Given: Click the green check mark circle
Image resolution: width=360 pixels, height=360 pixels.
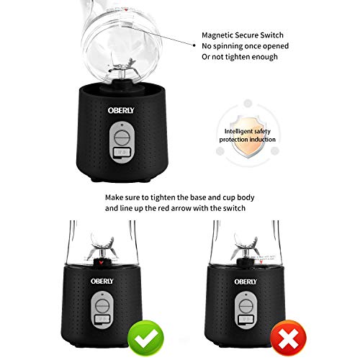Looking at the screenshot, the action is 145,338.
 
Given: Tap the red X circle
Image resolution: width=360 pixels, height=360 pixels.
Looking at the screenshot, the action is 288,338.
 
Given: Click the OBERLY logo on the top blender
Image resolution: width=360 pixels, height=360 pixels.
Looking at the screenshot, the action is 121,110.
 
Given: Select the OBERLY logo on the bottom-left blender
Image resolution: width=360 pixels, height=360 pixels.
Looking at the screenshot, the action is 102,281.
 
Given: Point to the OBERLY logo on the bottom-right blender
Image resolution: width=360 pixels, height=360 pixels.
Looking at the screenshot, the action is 246,282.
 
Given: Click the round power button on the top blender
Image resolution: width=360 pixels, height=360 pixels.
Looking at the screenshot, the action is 122,138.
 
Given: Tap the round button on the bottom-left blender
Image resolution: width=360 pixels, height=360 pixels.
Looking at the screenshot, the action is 102,306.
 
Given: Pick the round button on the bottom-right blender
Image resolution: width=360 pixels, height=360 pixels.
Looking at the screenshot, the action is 246,306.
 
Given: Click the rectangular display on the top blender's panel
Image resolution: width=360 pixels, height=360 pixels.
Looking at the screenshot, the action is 122,153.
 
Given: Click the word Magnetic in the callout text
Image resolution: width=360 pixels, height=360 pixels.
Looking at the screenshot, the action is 217,35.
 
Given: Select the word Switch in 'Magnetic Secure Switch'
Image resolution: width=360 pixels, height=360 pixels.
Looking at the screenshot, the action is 271,35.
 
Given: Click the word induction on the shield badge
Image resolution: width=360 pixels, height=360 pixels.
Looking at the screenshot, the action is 262,140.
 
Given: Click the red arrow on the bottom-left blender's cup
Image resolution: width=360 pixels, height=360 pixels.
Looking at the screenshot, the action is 102,262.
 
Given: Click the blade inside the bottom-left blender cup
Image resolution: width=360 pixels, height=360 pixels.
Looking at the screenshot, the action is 102,246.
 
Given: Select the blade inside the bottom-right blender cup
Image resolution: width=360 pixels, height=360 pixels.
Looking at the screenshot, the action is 246,246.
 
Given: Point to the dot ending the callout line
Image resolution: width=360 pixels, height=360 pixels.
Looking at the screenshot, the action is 194,45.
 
